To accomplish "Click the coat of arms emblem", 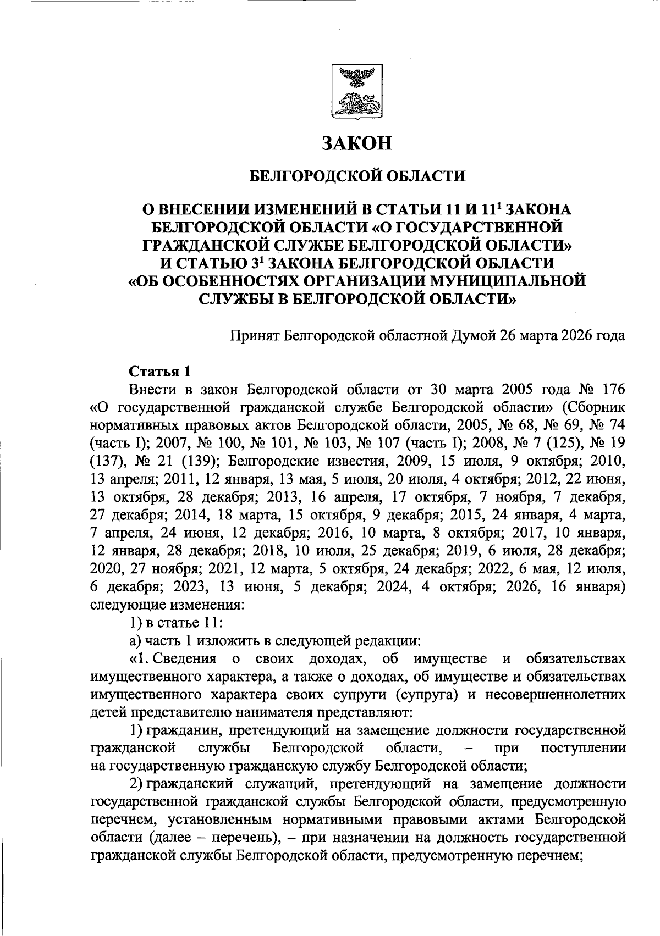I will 357,92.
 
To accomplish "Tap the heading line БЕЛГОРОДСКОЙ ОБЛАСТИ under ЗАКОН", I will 357,176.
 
